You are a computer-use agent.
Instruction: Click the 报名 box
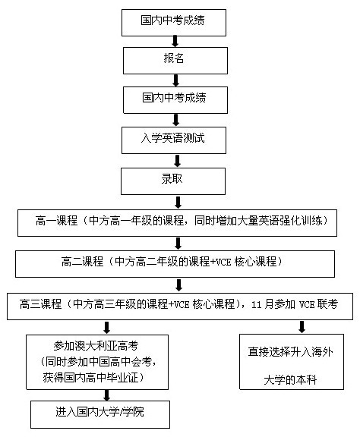pos(175,61)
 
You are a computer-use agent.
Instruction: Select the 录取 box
pos(173,181)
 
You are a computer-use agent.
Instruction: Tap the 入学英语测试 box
pos(174,140)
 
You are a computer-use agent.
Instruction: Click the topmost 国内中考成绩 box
pos(174,23)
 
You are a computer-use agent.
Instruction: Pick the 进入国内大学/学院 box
pos(100,414)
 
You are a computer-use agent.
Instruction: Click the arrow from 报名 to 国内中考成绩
pos(175,80)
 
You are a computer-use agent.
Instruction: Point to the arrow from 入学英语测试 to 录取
pos(177,161)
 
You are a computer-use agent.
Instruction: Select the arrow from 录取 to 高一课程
pos(178,203)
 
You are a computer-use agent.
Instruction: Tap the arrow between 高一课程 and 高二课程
pos(178,244)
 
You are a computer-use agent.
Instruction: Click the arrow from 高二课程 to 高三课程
pos(178,285)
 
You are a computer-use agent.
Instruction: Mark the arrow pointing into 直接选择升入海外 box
pos(302,327)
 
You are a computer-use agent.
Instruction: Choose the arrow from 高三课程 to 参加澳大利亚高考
pos(106,328)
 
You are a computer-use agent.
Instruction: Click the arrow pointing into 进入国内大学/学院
pos(106,395)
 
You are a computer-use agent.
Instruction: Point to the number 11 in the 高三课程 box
pos(257,305)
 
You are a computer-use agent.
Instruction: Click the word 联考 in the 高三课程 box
pos(327,304)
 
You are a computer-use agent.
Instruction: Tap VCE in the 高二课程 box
pos(222,263)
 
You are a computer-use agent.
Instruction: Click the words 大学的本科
pos(290,380)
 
